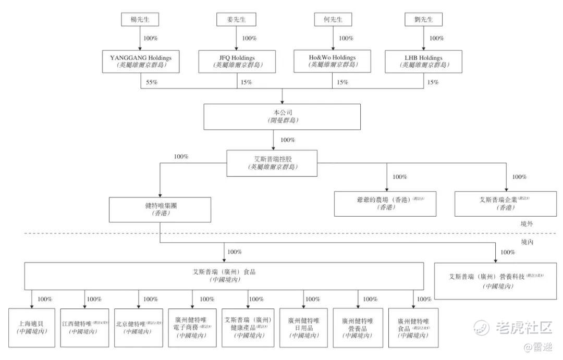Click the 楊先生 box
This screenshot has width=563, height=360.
[140, 20]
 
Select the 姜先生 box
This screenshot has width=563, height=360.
[236, 20]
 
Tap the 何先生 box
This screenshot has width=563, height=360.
[332, 20]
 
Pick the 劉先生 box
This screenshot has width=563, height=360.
[423, 20]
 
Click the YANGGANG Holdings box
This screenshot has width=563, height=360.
[141, 61]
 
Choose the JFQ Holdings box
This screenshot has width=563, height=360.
[237, 61]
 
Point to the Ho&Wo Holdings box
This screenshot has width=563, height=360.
[332, 61]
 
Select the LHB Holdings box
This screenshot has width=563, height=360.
[423, 61]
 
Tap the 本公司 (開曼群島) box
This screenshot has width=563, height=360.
[281, 116]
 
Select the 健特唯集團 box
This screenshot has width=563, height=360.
[160, 209]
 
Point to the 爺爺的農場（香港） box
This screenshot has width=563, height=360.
[387, 203]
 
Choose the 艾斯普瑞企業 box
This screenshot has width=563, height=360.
[506, 203]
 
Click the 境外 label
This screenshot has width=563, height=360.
[530, 224]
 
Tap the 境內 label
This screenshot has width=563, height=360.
[530, 242]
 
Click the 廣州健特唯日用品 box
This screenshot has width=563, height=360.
[303, 327]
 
